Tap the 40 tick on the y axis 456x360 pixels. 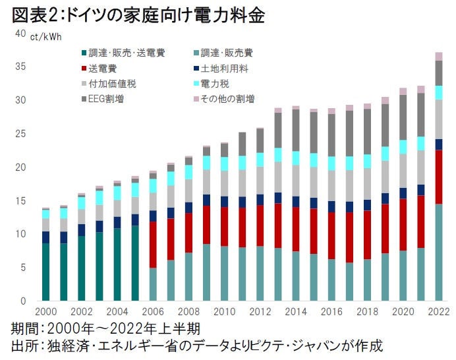[x=21, y=33]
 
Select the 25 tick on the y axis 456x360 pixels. [x=21, y=134]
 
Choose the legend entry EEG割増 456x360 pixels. [x=108, y=99]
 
